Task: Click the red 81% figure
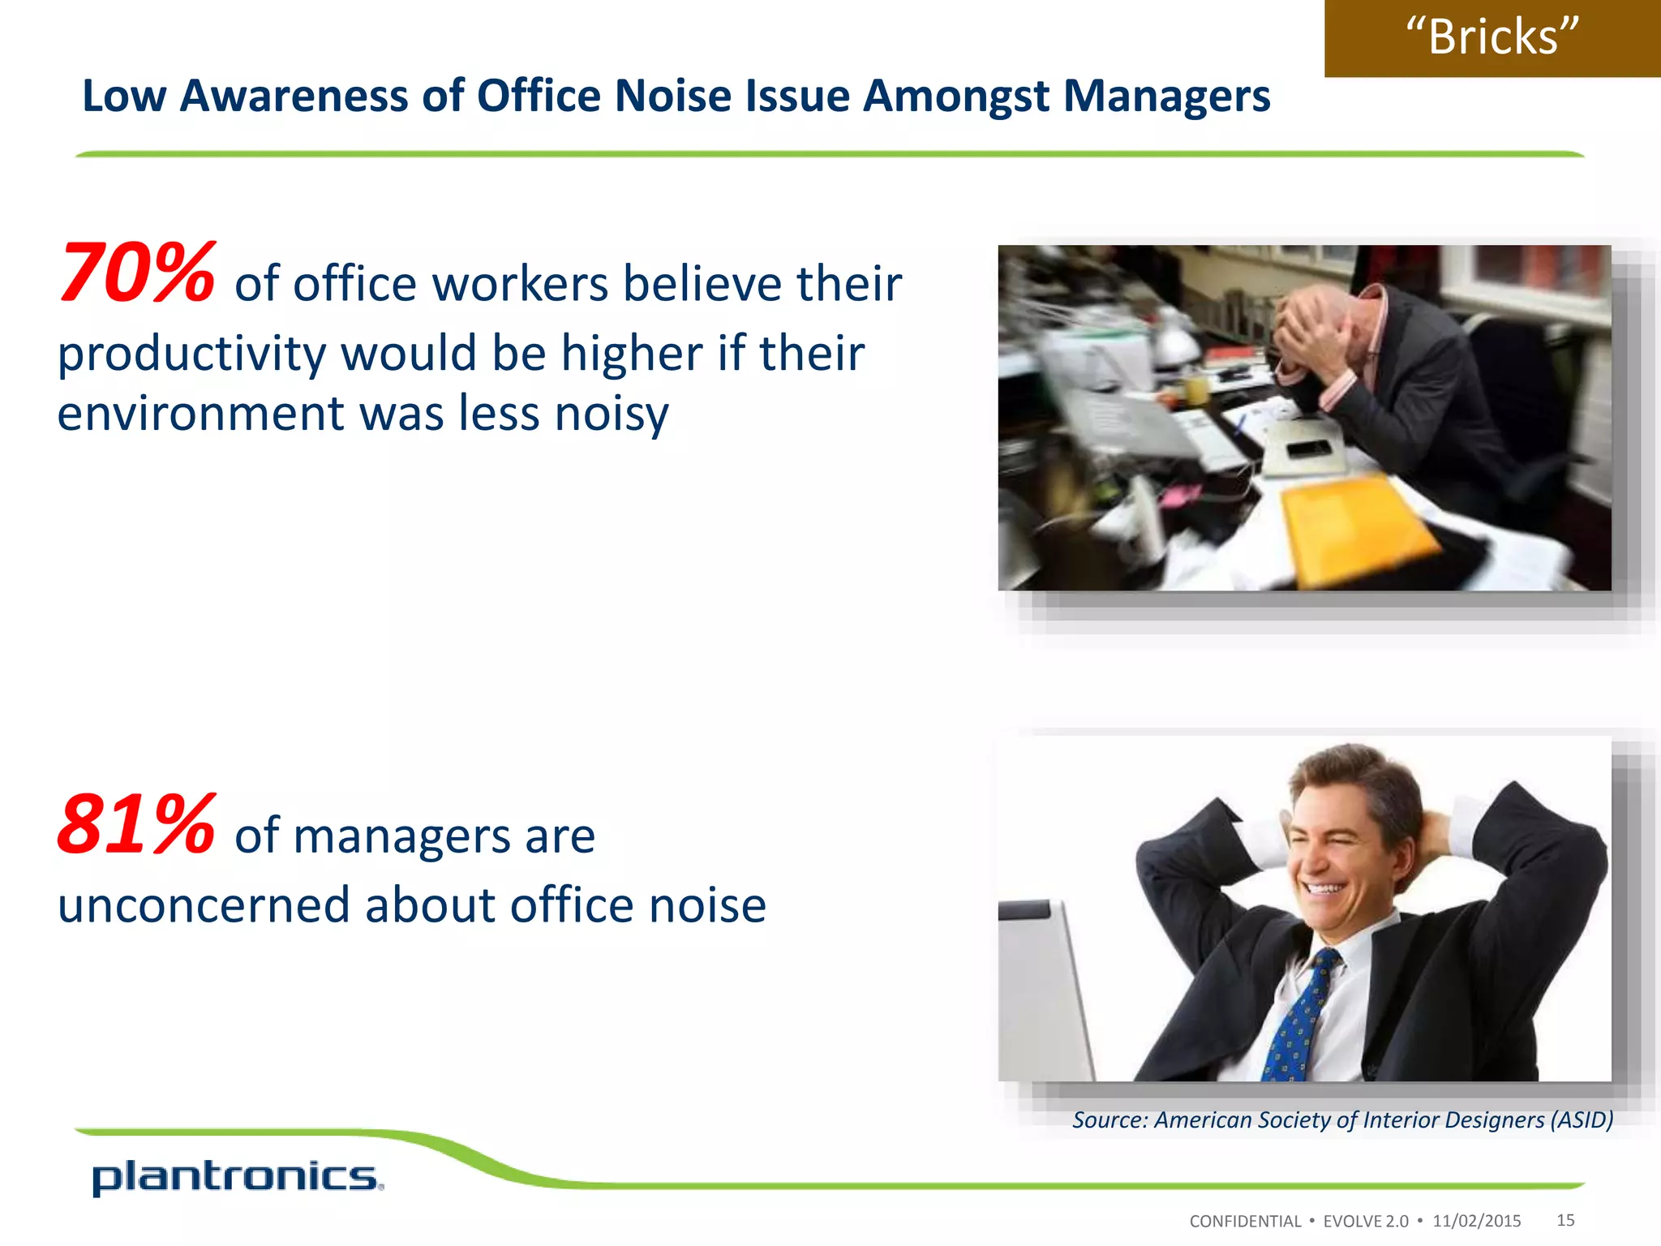136,826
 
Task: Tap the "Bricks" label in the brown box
1492,37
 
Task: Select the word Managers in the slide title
1166,97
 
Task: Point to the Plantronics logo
236,1177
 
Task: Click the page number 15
1565,1220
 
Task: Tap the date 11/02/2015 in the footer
1476,1221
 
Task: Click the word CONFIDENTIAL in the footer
1244,1222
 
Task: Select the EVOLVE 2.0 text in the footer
1366,1222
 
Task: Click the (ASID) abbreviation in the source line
1582,1120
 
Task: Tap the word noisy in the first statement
612,414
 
